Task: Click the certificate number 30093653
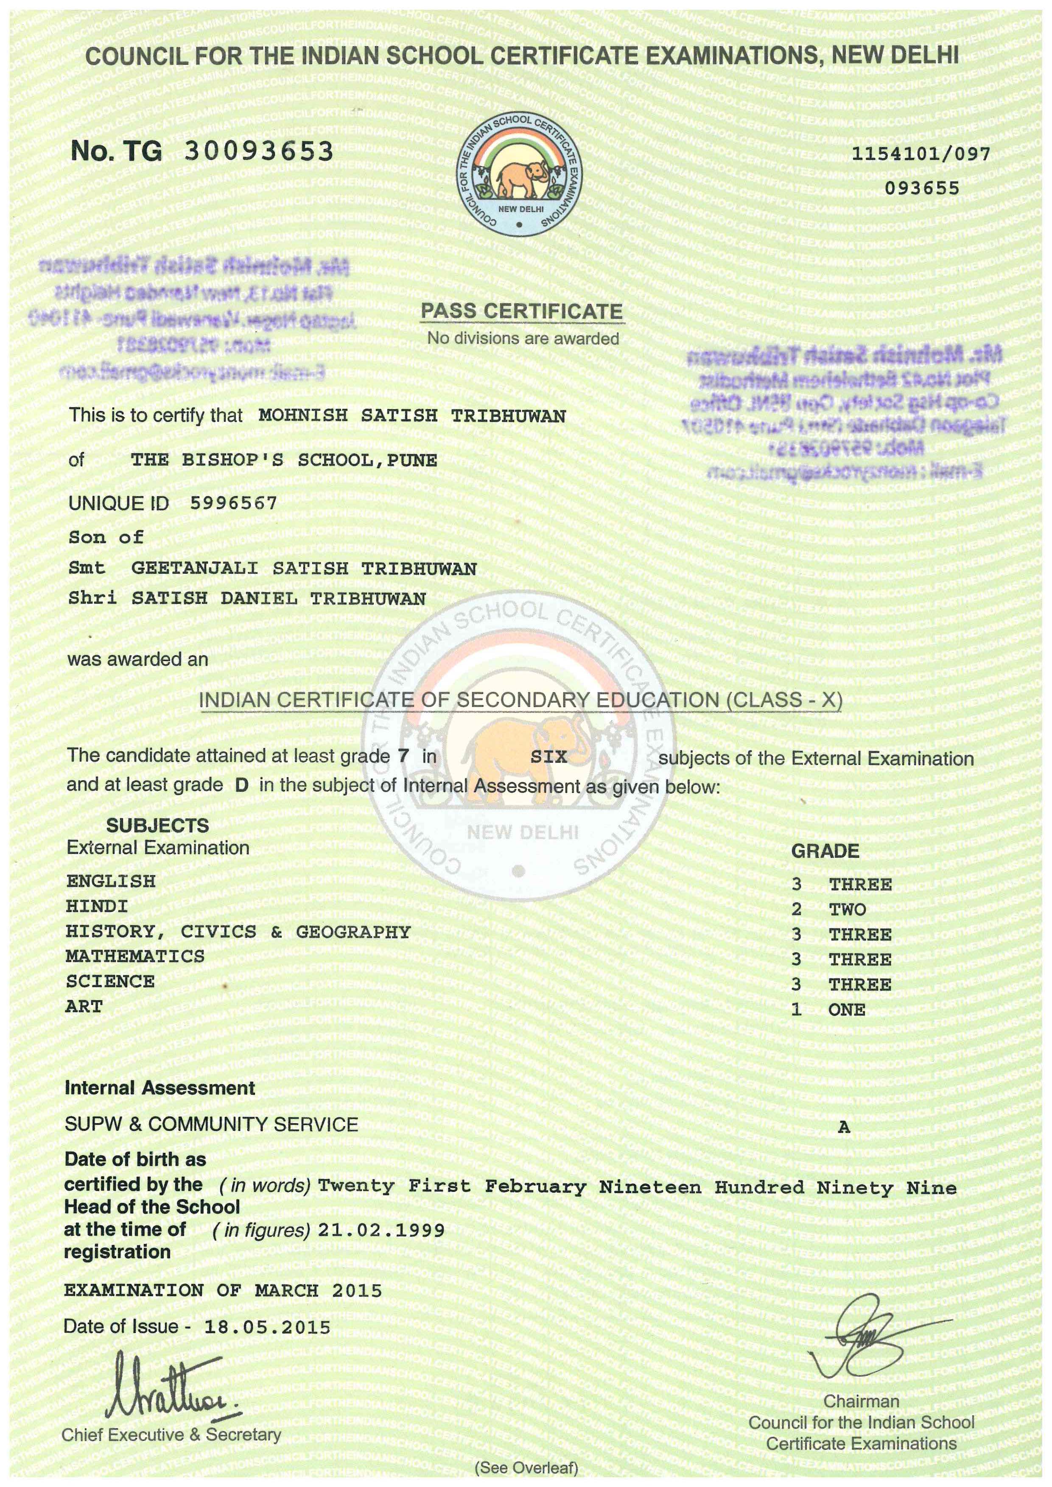[x=259, y=151]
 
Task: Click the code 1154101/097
[x=920, y=154]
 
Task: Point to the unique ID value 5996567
[x=233, y=503]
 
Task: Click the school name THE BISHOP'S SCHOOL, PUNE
[x=284, y=460]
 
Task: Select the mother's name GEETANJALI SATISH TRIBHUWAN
[x=304, y=569]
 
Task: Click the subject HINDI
[x=97, y=906]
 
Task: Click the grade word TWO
[x=847, y=909]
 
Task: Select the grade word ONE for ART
[x=847, y=1010]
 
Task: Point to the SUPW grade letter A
[x=843, y=1127]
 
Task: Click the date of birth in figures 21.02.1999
[x=381, y=1230]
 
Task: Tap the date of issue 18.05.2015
[x=267, y=1327]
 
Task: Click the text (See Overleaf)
[x=526, y=1467]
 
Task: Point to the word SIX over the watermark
[x=548, y=756]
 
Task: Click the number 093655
[x=922, y=188]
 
